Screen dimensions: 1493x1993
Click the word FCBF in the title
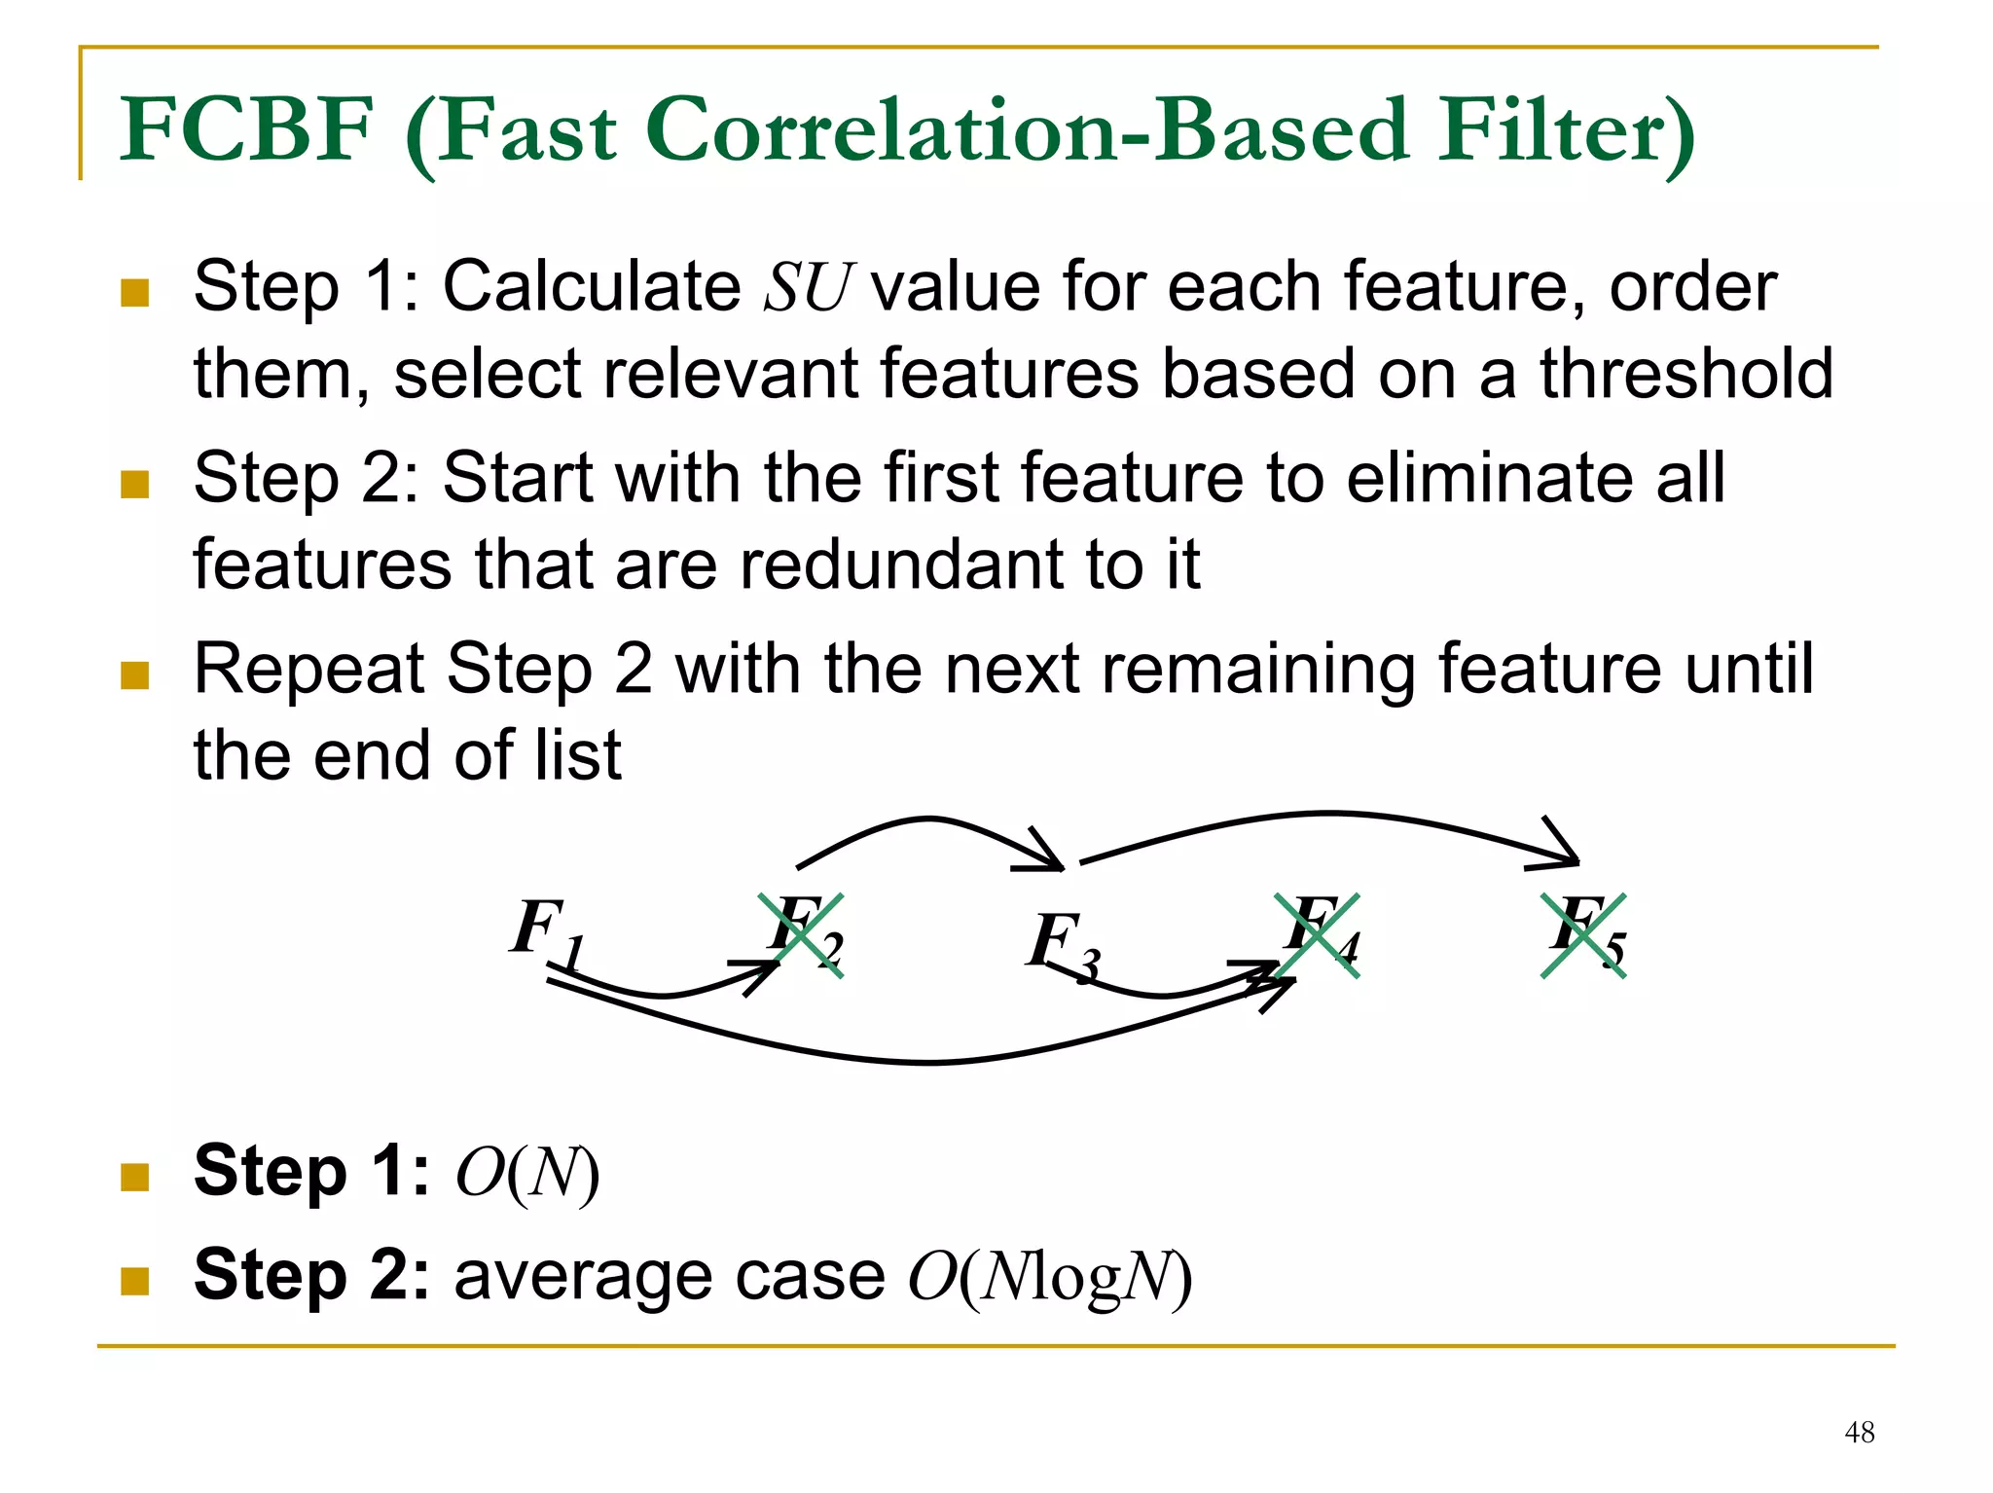pos(247,129)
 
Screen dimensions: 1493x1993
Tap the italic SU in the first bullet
pos(807,287)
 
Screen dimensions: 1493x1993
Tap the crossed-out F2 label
pos(802,932)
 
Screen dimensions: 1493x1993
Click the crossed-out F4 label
pos(1319,932)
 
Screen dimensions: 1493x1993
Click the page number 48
pos(1859,1432)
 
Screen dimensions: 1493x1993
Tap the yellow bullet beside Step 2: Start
pos(134,484)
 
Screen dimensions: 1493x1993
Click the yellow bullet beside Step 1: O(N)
pos(134,1177)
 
